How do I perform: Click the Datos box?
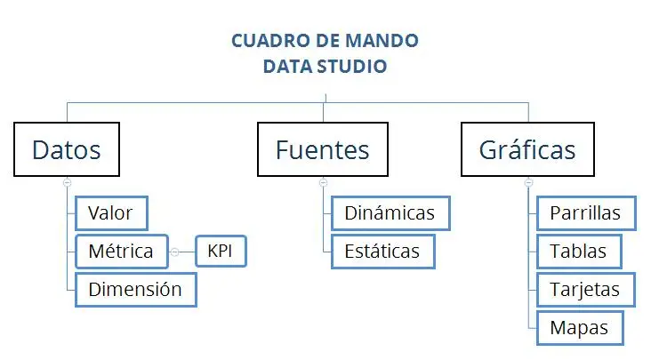point(67,149)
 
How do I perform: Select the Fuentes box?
point(323,149)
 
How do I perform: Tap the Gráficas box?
point(527,149)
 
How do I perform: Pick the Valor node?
point(111,213)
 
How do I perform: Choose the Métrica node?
point(122,252)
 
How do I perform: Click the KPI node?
point(221,251)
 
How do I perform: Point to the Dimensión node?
point(136,290)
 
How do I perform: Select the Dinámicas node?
point(390,213)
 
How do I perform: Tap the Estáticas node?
point(383,252)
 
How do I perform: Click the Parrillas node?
point(586,213)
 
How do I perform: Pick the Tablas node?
point(579,252)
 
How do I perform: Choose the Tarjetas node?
point(586,290)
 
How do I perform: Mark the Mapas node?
point(580,328)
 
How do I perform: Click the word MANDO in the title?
point(382,41)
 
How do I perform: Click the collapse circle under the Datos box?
point(68,182)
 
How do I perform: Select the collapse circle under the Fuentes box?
point(324,182)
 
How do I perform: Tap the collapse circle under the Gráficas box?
point(528,182)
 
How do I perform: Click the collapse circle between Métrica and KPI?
point(175,252)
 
